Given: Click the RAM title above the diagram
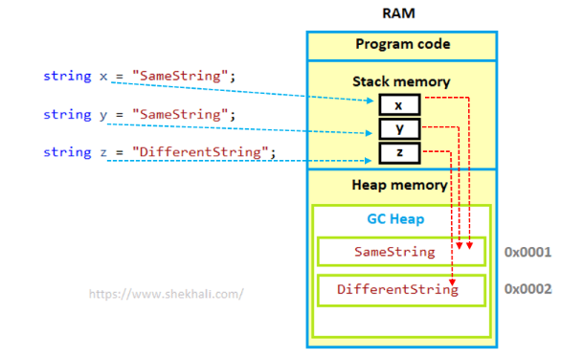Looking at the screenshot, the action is tap(398, 13).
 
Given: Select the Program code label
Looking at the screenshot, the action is tap(403, 44).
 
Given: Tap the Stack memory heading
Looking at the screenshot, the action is tap(401, 81).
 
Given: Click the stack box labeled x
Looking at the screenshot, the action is tap(400, 105).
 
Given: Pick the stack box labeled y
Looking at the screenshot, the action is tap(400, 128).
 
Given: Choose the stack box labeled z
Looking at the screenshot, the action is tap(400, 152).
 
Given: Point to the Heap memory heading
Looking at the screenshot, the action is tap(400, 185).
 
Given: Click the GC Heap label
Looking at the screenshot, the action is tap(395, 219).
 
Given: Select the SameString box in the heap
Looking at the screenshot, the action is tap(401, 252).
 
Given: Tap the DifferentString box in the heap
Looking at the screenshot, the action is tap(401, 290).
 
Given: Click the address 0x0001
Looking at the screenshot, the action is tap(527, 252).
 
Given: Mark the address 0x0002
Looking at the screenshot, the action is tap(527, 289).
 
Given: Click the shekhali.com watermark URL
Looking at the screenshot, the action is tap(167, 294).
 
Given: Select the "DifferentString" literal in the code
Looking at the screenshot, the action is tap(200, 151).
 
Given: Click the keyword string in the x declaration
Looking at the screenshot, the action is tap(67, 76).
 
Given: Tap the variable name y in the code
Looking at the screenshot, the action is tap(103, 115).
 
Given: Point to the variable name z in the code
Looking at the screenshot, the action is tap(103, 152).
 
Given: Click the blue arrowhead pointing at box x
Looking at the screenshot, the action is tap(370, 101).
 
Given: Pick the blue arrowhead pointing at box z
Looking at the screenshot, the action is tap(369, 161).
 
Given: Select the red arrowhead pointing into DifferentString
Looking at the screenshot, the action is tap(452, 282).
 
